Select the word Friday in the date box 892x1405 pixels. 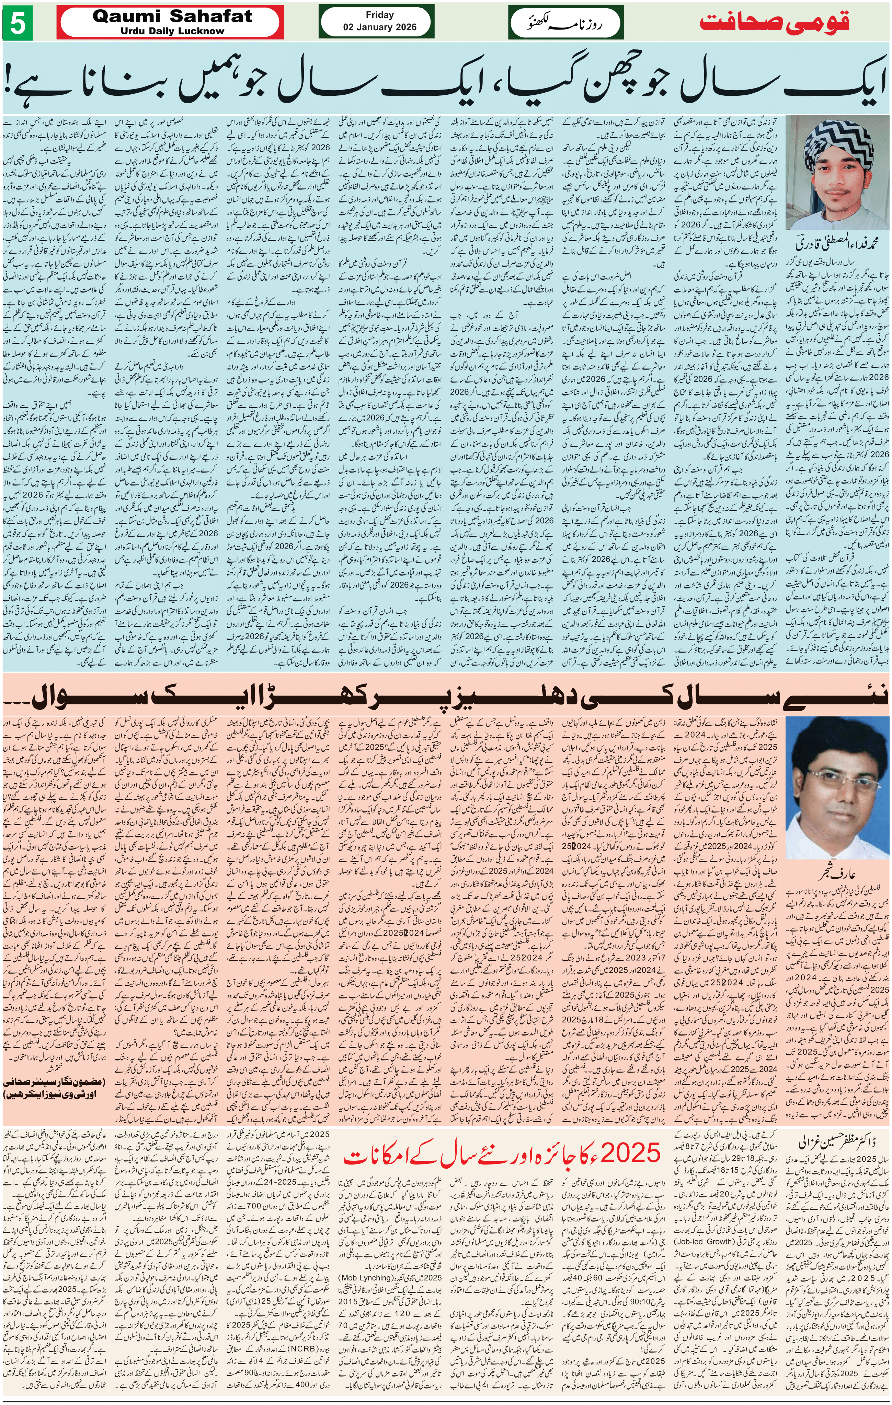coord(379,15)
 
